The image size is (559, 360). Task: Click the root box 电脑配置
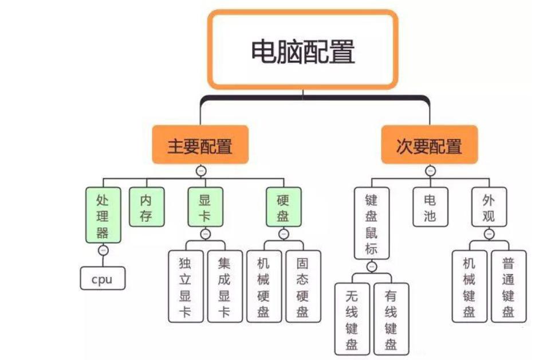(x=302, y=50)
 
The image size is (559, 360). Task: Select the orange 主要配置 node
(x=200, y=145)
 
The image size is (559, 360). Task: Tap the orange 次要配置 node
(x=429, y=145)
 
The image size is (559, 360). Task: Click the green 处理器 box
(x=103, y=215)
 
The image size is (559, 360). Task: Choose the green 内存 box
(x=146, y=207)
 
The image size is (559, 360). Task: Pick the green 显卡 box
(x=205, y=207)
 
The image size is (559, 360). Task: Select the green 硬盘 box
(x=284, y=207)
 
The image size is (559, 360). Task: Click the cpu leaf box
(x=102, y=279)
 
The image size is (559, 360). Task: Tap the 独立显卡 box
(x=186, y=286)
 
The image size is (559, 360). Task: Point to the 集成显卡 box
(x=225, y=286)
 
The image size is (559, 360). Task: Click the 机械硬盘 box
(x=264, y=286)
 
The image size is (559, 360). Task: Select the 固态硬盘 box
(x=303, y=286)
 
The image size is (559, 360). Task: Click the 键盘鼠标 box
(x=372, y=224)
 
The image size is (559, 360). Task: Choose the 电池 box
(x=430, y=207)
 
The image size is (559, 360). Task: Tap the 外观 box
(x=489, y=207)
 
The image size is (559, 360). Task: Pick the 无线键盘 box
(x=352, y=319)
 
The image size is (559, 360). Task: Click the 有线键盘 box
(x=391, y=319)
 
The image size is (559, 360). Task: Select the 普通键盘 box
(x=508, y=286)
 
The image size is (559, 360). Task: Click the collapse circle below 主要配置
(x=200, y=170)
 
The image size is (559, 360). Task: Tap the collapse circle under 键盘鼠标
(x=372, y=267)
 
